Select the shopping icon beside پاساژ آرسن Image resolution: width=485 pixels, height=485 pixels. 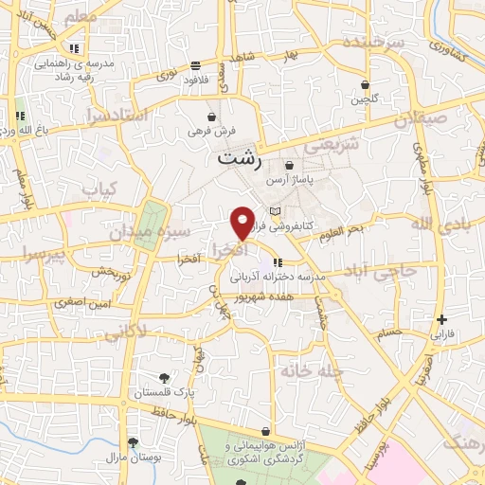(x=288, y=165)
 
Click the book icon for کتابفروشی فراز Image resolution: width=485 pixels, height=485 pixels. (x=276, y=210)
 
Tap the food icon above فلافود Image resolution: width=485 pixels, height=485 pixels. (x=195, y=65)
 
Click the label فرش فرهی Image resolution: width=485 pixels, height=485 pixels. (x=210, y=131)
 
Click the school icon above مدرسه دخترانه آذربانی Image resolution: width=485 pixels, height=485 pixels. (x=275, y=262)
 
